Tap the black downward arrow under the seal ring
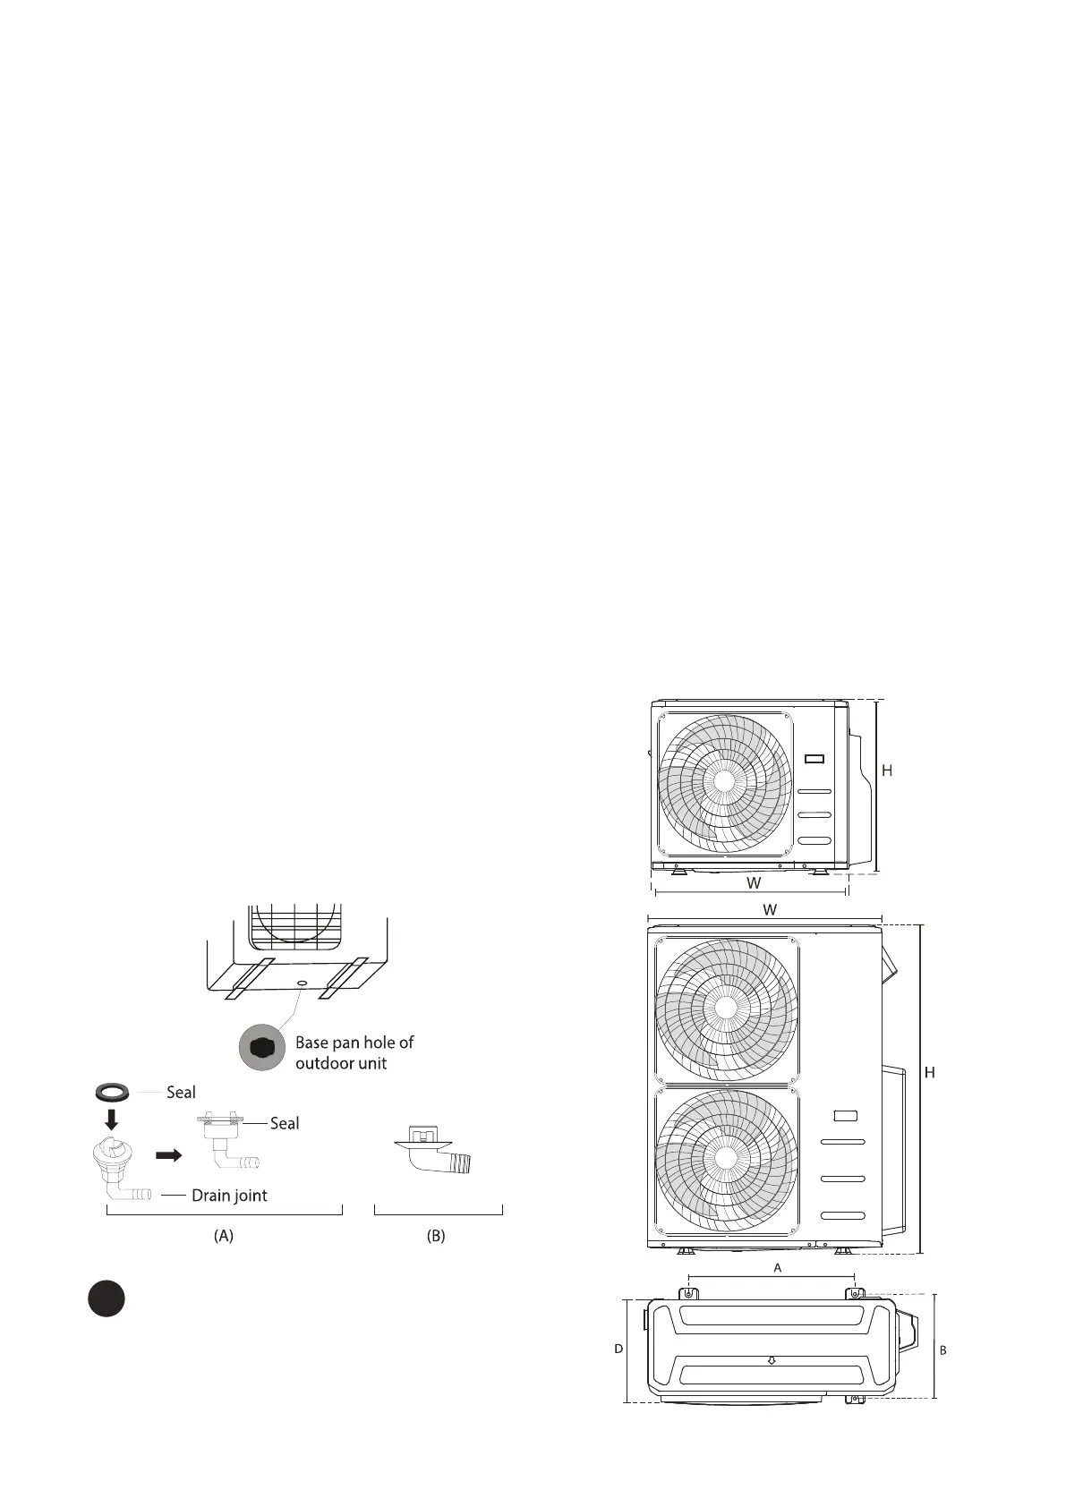112,1119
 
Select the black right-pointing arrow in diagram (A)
168,1155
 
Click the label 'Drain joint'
229,1196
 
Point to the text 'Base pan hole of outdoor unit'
354,1052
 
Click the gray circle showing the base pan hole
261,1048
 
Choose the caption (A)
224,1236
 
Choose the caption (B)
436,1236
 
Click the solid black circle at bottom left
106,1298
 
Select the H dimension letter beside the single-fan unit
887,771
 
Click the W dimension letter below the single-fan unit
755,883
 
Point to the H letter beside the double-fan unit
930,1072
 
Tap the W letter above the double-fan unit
769,910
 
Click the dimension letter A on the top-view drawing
778,1268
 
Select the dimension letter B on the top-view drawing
942,1350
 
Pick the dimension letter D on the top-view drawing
618,1349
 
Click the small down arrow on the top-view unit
772,1361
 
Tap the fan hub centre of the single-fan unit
724,779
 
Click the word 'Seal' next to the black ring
181,1092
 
